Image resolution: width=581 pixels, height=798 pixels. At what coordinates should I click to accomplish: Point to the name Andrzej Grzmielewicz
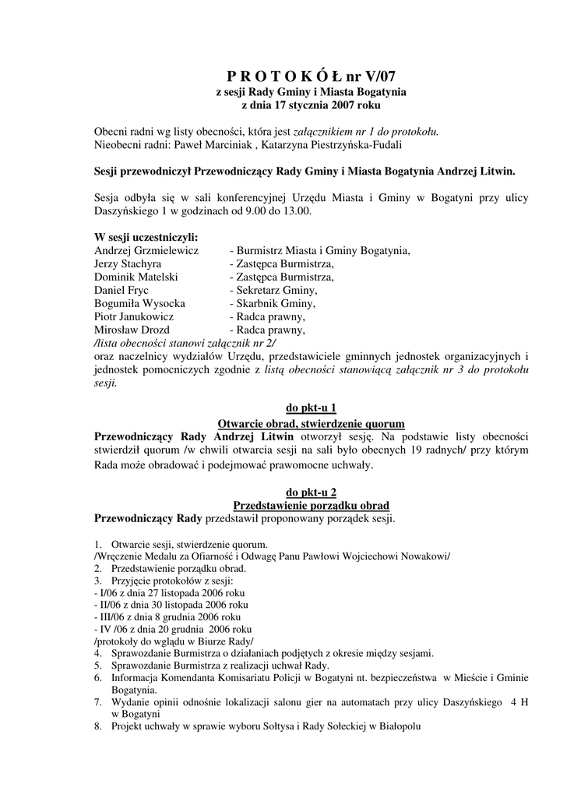[x=146, y=250]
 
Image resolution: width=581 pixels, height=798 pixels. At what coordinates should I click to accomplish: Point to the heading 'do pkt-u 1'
[x=311, y=407]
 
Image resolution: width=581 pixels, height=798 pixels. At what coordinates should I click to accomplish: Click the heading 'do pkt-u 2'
[x=311, y=492]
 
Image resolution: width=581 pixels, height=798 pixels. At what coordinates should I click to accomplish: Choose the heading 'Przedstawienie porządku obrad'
[x=311, y=505]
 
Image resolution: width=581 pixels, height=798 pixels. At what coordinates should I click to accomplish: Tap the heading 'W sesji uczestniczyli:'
[x=146, y=237]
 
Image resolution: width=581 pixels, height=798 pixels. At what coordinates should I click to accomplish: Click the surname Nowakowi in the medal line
[x=423, y=555]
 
